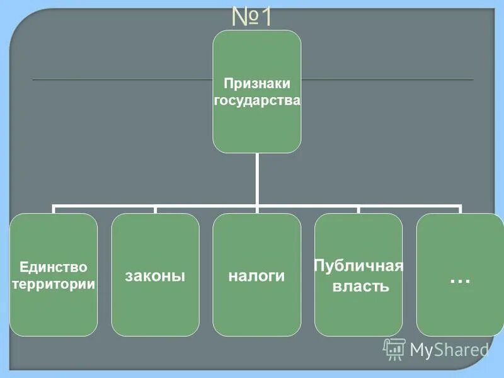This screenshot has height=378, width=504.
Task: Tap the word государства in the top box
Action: click(256, 100)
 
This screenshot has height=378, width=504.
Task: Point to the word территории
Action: click(54, 284)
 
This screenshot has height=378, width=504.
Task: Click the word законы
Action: click(155, 276)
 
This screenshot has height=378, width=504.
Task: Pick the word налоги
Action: click(256, 276)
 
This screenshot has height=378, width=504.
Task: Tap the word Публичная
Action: click(358, 265)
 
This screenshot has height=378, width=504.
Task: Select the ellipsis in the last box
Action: click(461, 278)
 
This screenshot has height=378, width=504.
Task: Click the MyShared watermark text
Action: click(449, 349)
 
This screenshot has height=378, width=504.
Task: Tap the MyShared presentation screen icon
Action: click(394, 348)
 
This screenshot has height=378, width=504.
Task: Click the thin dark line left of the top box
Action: click(120, 80)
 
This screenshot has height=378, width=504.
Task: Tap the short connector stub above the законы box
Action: click(156, 210)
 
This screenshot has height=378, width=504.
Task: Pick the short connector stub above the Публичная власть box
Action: click(358, 210)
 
